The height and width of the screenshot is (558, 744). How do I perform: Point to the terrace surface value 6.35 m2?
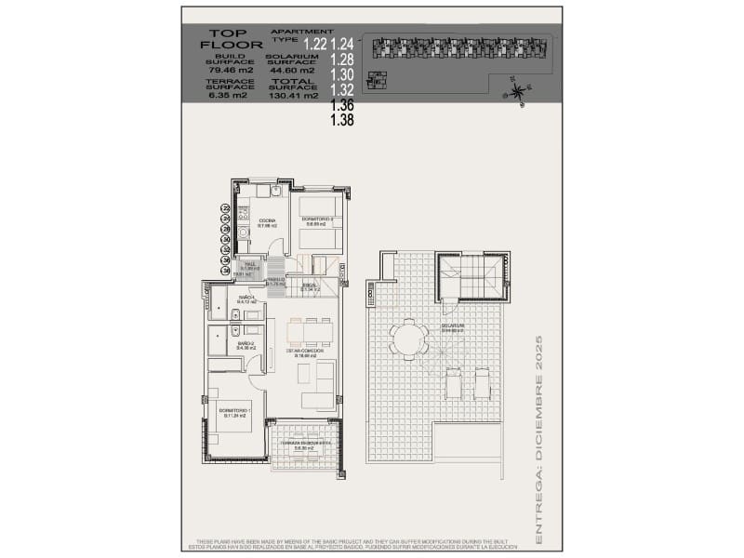point(226,95)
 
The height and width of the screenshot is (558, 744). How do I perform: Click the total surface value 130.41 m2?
point(293,95)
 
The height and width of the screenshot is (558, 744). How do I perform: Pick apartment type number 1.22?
point(316,44)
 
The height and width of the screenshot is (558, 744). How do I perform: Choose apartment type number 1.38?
point(342,119)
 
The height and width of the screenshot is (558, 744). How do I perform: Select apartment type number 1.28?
point(342,60)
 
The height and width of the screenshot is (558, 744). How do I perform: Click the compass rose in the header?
point(518,90)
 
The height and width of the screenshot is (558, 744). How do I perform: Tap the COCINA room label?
point(268,221)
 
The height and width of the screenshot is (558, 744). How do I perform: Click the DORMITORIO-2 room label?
point(318,220)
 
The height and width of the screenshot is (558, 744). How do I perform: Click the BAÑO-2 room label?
point(246,345)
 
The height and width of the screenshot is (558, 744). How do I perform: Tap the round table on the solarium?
point(405,339)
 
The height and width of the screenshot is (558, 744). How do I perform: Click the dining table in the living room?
point(310,331)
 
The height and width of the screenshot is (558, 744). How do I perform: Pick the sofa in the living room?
point(324,386)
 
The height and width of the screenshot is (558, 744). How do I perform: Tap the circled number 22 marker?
point(225,208)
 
